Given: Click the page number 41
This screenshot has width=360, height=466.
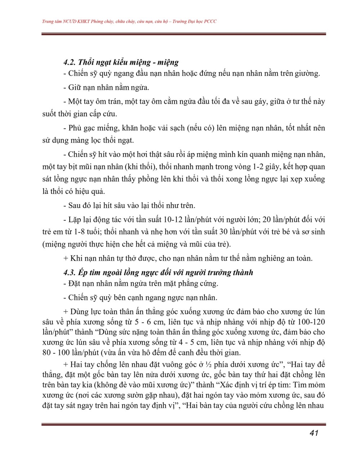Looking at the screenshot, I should [x=314, y=433].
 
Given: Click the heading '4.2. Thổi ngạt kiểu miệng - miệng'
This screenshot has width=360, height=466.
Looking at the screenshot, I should [x=121, y=62].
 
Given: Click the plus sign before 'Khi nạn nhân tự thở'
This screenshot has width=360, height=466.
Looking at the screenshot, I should [x=66, y=259].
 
